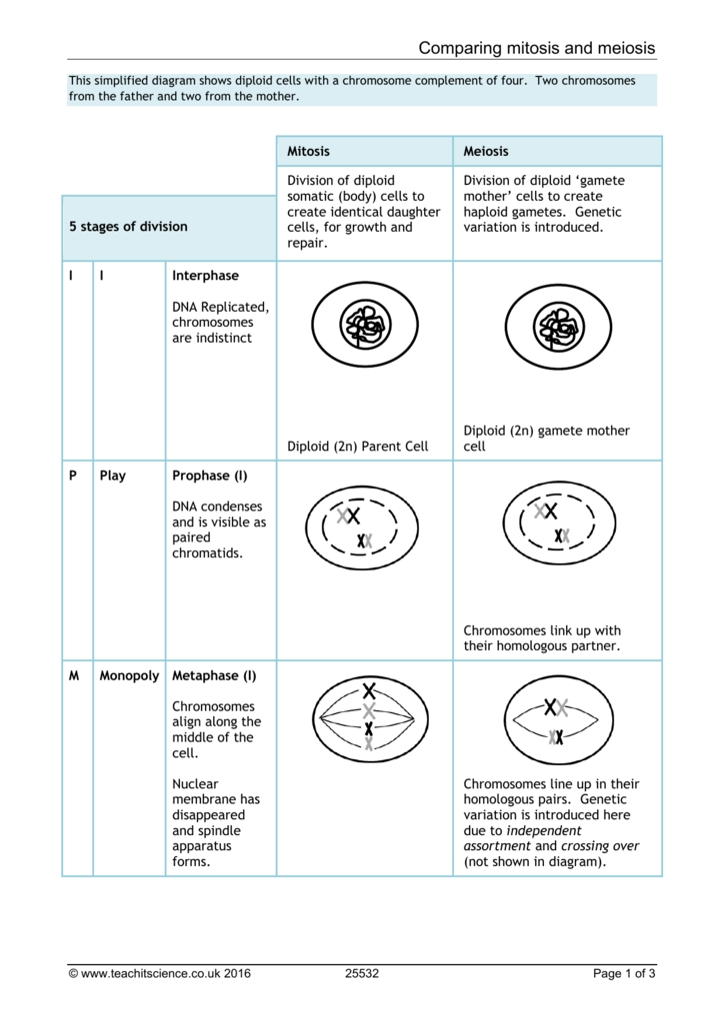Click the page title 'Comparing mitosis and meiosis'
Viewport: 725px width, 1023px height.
click(x=537, y=48)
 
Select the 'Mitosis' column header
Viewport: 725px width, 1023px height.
click(x=308, y=151)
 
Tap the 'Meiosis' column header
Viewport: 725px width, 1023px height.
click(x=486, y=151)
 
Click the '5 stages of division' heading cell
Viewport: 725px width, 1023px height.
click(x=128, y=227)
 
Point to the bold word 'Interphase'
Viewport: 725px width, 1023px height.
click(x=205, y=276)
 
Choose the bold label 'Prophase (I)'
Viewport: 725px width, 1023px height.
click(x=209, y=476)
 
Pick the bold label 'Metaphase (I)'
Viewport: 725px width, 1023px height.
click(x=213, y=675)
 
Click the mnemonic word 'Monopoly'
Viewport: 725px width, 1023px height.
click(x=129, y=675)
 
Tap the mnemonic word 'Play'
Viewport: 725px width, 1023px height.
click(x=113, y=476)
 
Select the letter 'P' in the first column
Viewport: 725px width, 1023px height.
click(x=73, y=476)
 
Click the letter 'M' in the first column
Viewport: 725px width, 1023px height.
click(x=74, y=675)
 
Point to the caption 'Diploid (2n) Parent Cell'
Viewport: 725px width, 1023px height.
click(x=358, y=447)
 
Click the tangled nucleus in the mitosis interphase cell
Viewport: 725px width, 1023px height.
click(x=364, y=325)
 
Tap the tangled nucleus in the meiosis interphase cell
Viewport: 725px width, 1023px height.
click(x=557, y=325)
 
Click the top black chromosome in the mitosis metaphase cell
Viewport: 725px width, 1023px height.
click(x=369, y=690)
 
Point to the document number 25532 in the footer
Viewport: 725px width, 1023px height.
click(x=362, y=974)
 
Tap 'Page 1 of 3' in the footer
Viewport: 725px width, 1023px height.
click(x=625, y=974)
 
